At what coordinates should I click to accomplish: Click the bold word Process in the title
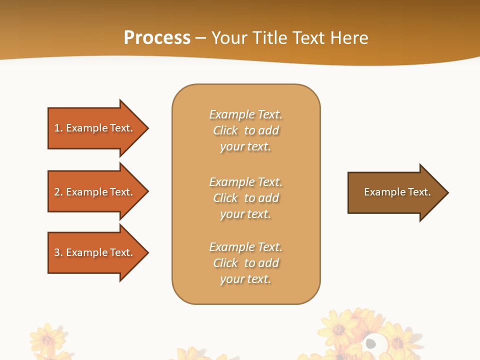pyautogui.click(x=157, y=38)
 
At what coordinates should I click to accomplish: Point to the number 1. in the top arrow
pyautogui.click(x=58, y=128)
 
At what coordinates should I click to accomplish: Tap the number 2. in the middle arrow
pyautogui.click(x=58, y=192)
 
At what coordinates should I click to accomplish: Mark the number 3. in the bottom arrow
pyautogui.click(x=58, y=252)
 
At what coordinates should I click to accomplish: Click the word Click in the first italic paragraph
pyautogui.click(x=225, y=130)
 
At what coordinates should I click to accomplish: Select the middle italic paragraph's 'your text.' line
pyautogui.click(x=245, y=214)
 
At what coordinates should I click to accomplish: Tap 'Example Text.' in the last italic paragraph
pyautogui.click(x=245, y=247)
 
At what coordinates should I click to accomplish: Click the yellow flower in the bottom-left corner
pyautogui.click(x=47, y=339)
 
